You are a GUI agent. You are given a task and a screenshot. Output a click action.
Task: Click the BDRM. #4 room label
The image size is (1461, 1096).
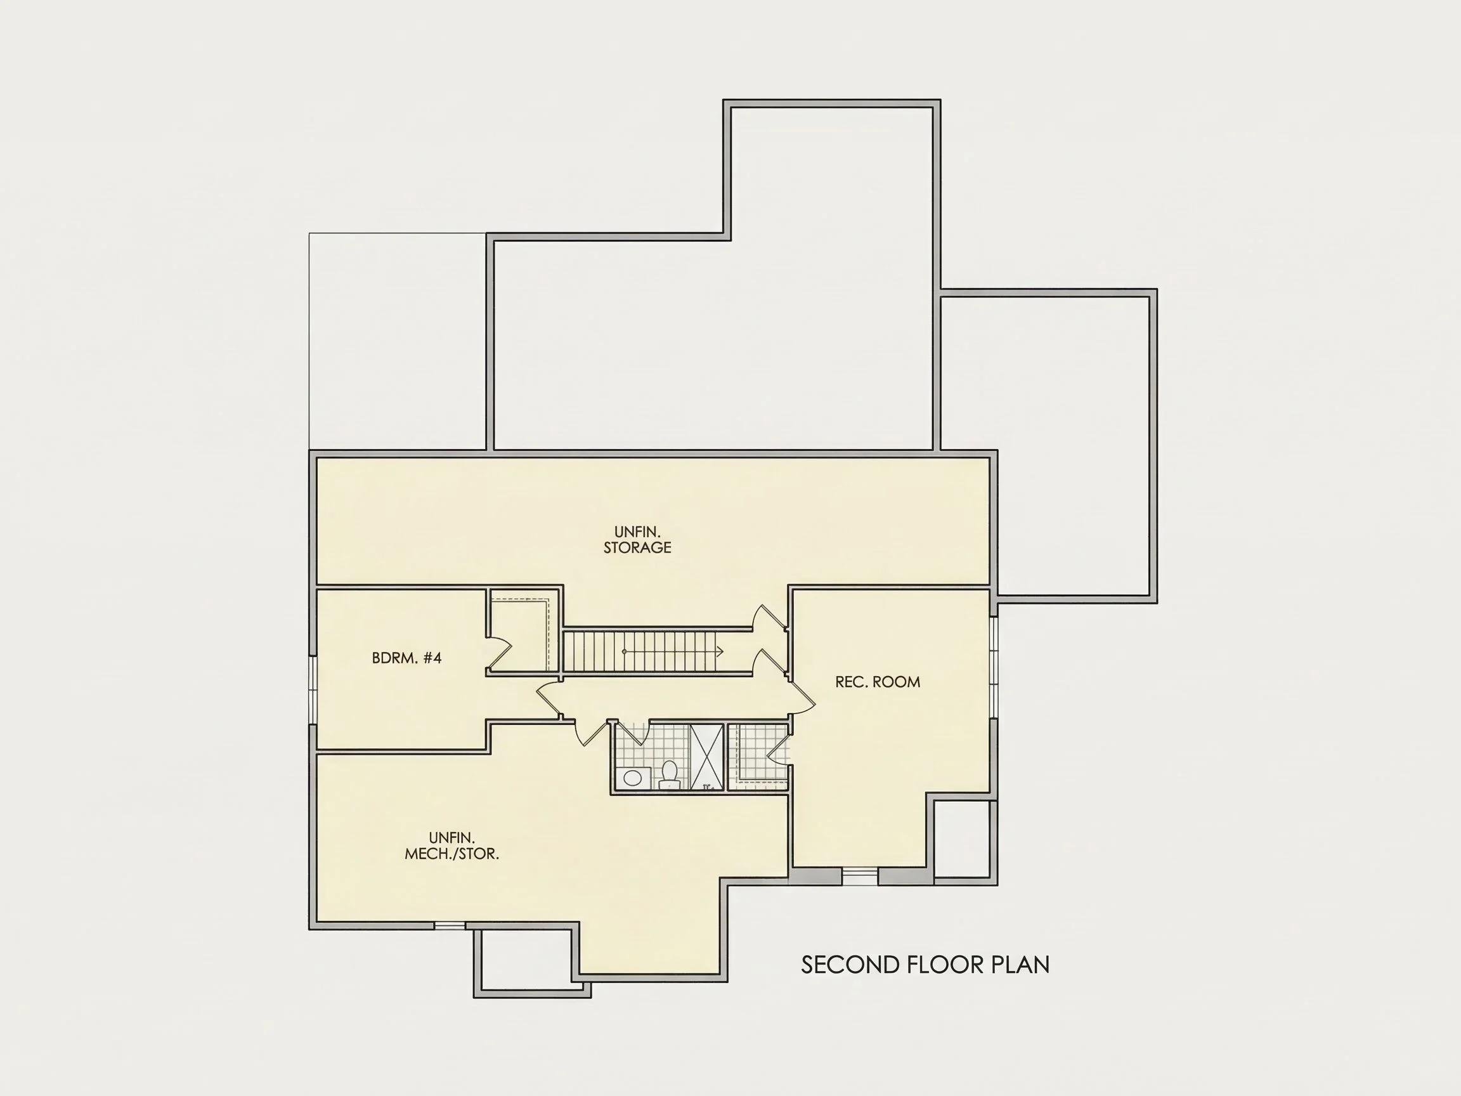pyautogui.click(x=406, y=658)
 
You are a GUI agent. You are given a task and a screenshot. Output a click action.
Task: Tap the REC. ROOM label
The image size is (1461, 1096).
pyautogui.click(x=877, y=682)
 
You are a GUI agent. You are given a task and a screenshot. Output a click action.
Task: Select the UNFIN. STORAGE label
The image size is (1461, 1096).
pyautogui.click(x=637, y=540)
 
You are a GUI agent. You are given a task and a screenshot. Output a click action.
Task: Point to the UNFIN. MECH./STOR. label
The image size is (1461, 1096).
pyautogui.click(x=451, y=845)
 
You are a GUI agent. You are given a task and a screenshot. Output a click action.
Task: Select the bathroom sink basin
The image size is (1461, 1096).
pyautogui.click(x=633, y=778)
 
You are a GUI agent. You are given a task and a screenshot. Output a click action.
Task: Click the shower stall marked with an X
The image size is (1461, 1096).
pyautogui.click(x=707, y=757)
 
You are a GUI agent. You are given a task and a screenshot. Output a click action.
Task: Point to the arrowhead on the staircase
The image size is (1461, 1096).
pyautogui.click(x=720, y=651)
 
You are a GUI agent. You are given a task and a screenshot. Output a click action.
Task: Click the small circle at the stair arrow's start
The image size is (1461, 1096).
pyautogui.click(x=624, y=651)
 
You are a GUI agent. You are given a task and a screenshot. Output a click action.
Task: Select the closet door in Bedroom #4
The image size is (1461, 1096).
pyautogui.click(x=500, y=654)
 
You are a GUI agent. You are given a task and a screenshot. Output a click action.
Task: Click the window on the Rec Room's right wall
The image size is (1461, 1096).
pyautogui.click(x=994, y=667)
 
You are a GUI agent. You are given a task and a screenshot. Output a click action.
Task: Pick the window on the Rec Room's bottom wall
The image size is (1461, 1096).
pyautogui.click(x=859, y=876)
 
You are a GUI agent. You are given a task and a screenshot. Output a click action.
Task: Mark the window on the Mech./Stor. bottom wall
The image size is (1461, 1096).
pyautogui.click(x=450, y=925)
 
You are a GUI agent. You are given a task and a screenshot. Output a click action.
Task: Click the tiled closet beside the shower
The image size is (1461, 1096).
pyautogui.click(x=758, y=757)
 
